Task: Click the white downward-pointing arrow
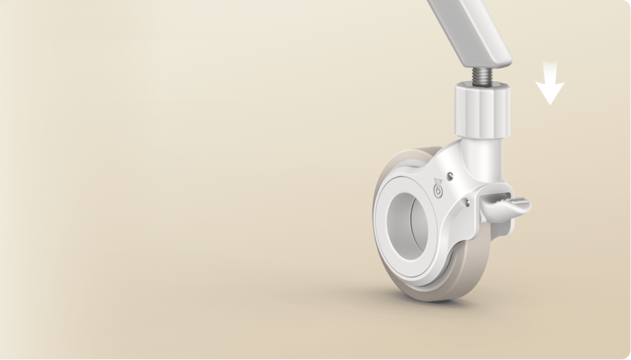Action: pyautogui.click(x=550, y=86)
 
